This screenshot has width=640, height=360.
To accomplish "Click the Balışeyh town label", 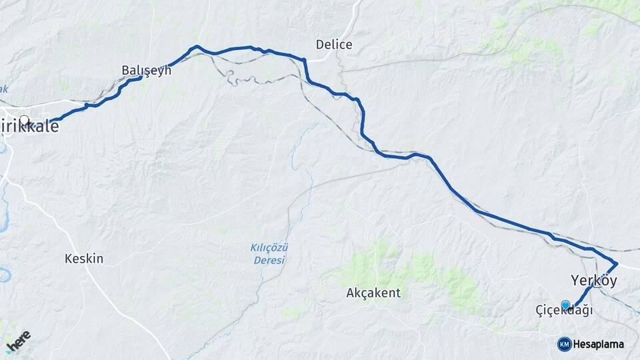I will pos(146,69).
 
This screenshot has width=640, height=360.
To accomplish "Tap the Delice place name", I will pos(334,45).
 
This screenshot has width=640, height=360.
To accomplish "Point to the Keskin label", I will pos(84,258).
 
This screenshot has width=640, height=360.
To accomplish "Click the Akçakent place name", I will pos(373,292).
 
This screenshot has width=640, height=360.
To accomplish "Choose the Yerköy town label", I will pos(594,281).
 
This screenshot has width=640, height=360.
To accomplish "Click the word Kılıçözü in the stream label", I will pos(269,247).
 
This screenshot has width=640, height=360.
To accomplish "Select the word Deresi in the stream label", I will pos(269,259).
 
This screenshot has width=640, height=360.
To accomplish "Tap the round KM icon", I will pos(564,344).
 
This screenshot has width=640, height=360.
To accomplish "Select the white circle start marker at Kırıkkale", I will pos(25,121).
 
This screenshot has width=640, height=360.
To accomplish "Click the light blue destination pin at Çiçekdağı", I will pos(565,305).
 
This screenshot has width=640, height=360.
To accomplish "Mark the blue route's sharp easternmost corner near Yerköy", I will pos(617,263).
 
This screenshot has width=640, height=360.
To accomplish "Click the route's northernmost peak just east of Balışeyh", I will pos(196,47).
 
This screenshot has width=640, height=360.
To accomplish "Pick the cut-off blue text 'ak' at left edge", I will pos(4,89).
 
